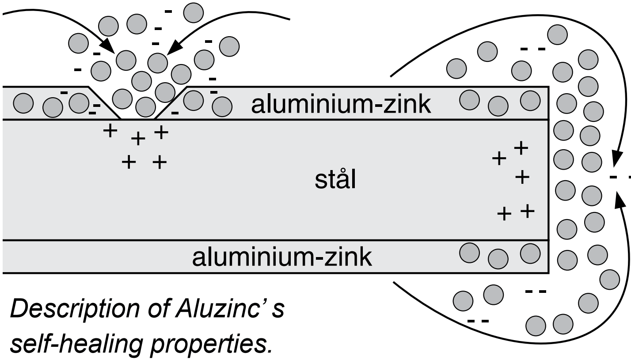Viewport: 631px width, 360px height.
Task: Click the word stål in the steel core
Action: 335,180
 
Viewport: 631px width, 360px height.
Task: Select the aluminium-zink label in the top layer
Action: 341,105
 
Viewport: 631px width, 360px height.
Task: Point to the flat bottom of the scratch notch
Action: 137,119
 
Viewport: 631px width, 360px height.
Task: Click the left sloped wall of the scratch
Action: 105,103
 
